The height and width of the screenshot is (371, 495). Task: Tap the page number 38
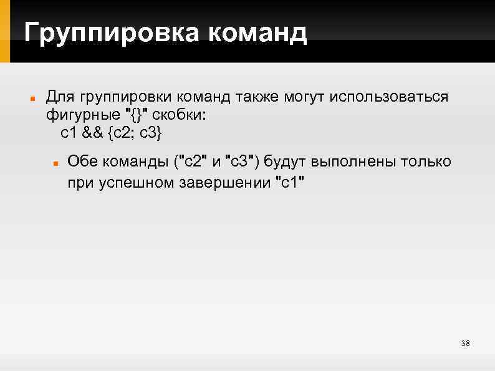tap(464, 344)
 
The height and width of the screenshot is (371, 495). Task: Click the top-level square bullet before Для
tap(31, 99)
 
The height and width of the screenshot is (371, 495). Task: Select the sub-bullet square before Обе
tap(55, 163)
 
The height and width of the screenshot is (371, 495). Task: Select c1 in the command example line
tap(68, 133)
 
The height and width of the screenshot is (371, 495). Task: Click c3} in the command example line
tap(153, 133)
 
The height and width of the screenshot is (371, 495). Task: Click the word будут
tap(285, 162)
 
